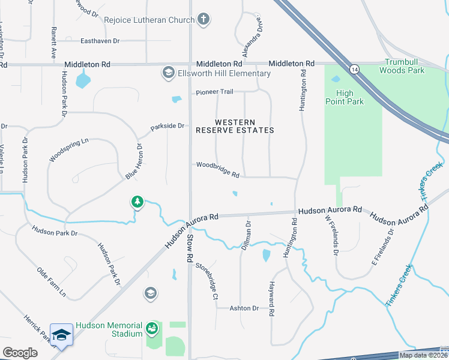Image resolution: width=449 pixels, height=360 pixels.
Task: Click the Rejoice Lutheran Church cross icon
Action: click(x=203, y=19)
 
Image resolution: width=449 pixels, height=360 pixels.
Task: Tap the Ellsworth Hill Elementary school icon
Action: click(x=168, y=73)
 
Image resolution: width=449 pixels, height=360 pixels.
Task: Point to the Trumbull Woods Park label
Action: click(x=402, y=66)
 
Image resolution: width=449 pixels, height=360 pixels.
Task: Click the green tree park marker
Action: click(x=138, y=202)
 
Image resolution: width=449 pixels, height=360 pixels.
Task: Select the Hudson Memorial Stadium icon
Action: click(x=152, y=329)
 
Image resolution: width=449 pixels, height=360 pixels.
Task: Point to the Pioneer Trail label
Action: click(x=214, y=92)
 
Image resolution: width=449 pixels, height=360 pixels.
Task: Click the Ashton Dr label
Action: click(x=244, y=308)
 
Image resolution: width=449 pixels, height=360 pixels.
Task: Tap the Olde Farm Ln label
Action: click(x=51, y=283)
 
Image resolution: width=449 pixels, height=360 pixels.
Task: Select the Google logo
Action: click(x=20, y=353)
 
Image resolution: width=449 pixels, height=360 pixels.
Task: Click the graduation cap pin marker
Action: click(x=61, y=335)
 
